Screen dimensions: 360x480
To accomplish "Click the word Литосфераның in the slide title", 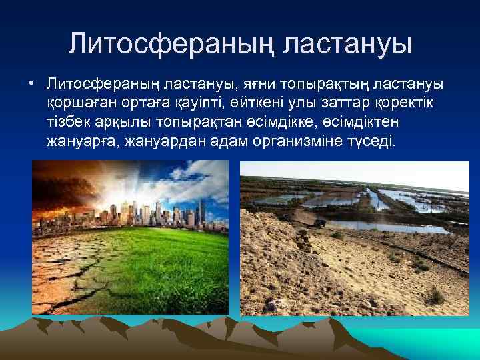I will (171, 44).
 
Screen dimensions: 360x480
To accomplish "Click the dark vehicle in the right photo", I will (320, 222).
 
